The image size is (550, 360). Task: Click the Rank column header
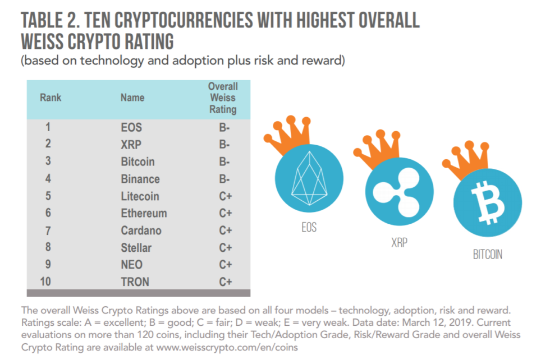(51, 98)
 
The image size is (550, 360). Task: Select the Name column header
(132, 98)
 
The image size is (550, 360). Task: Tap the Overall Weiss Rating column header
(223, 98)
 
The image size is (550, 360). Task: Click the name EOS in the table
(131, 127)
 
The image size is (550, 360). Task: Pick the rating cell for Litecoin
(225, 196)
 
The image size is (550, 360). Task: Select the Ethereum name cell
(144, 214)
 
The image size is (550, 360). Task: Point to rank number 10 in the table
(48, 282)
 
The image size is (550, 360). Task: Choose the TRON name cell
(135, 282)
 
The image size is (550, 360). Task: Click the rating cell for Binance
(224, 179)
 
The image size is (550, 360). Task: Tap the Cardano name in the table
(141, 230)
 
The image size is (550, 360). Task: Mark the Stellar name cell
(136, 248)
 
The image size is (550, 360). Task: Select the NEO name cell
(131, 265)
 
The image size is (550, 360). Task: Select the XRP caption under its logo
(399, 243)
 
